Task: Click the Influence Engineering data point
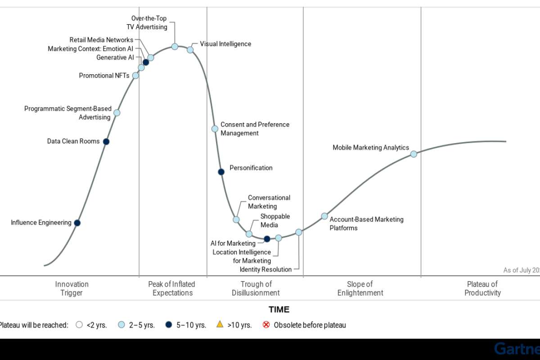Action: (77, 223)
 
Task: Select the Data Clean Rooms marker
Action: (106, 141)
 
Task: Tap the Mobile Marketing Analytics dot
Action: (414, 154)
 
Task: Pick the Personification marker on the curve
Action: (221, 172)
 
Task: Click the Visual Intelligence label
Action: (225, 44)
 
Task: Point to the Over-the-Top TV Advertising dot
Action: (175, 46)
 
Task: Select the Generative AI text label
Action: (115, 58)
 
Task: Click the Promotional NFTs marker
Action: (135, 76)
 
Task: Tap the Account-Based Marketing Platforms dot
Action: (324, 216)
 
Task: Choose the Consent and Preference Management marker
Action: (215, 129)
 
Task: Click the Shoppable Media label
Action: (275, 220)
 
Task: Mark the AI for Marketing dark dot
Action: (267, 239)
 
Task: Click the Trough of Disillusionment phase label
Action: (256, 288)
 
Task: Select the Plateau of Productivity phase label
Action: (482, 288)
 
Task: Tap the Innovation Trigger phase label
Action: (72, 288)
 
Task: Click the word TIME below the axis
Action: (279, 310)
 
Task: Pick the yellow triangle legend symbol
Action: (220, 324)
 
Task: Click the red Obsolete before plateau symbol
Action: (266, 324)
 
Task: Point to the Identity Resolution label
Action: (266, 270)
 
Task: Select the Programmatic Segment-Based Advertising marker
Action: (117, 112)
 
